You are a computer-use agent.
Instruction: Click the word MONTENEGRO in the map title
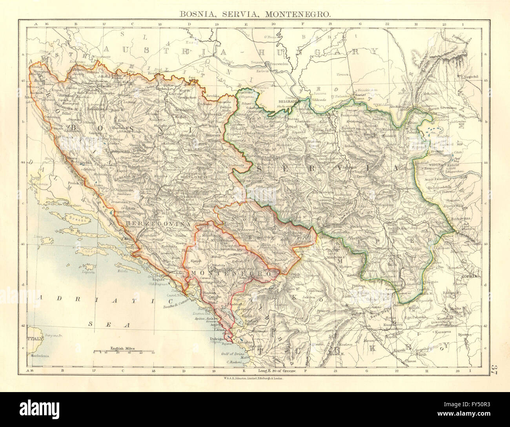click(x=300, y=13)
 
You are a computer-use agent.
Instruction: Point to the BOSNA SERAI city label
click(x=183, y=177)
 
